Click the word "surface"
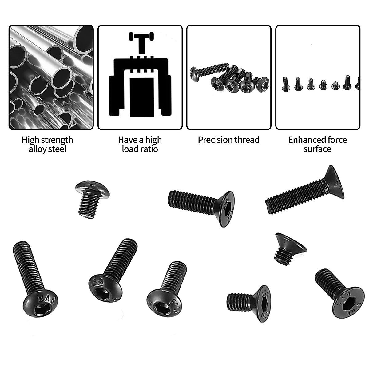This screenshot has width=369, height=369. coord(317,149)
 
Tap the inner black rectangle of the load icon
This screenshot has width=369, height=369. coord(141,97)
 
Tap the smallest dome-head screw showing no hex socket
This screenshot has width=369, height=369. coord(91,198)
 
